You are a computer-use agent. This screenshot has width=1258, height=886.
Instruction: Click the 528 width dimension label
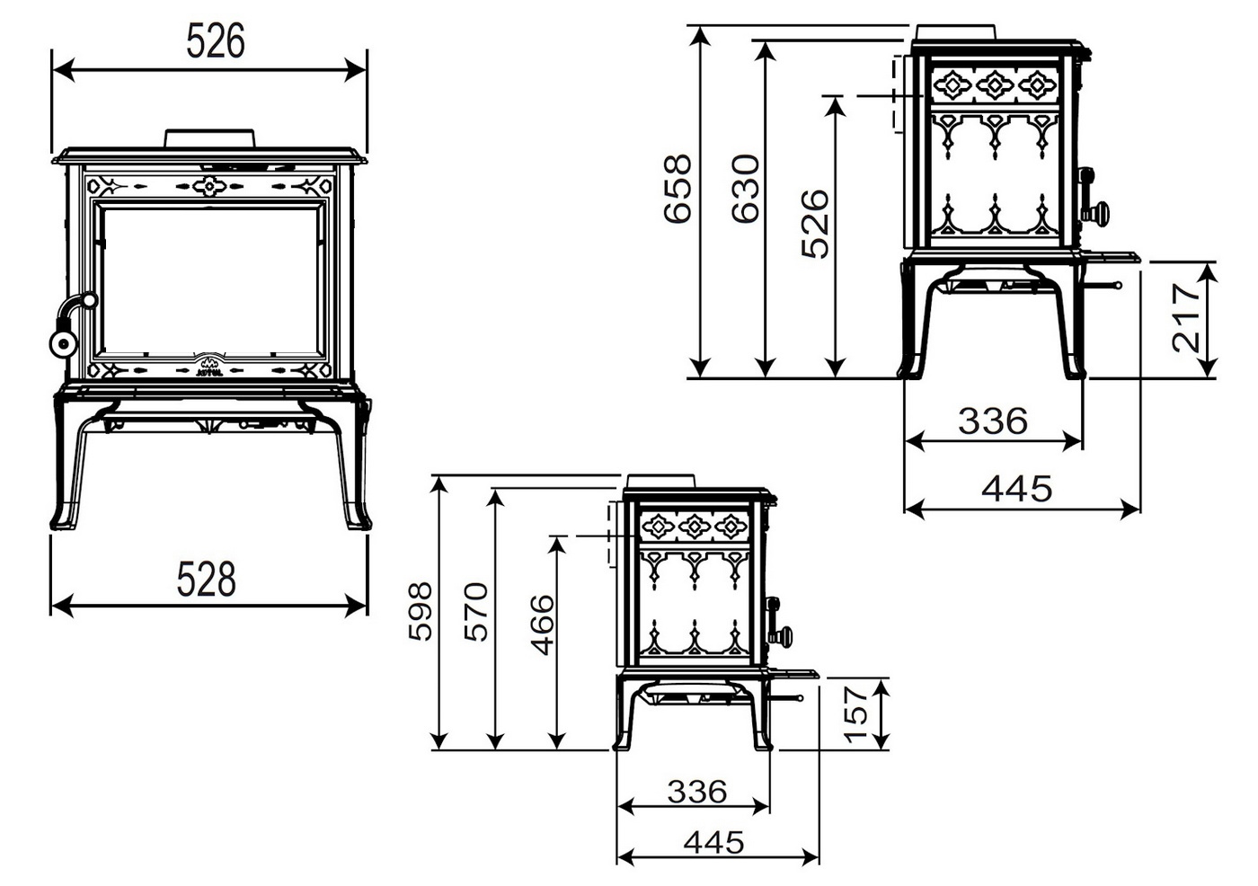click(x=206, y=579)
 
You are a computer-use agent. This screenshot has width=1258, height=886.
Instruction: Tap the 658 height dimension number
click(x=678, y=189)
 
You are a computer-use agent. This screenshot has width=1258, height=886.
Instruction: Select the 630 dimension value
click(x=746, y=189)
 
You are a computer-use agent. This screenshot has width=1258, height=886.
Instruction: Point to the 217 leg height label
click(x=1186, y=318)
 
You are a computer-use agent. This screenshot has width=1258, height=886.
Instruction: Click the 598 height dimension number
click(x=421, y=611)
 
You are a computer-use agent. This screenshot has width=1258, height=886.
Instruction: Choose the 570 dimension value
click(x=476, y=612)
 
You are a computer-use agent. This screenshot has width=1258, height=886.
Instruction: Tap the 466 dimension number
click(x=543, y=625)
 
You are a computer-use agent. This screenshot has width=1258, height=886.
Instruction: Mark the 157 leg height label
click(x=856, y=714)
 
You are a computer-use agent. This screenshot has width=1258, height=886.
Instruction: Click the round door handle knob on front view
click(x=63, y=343)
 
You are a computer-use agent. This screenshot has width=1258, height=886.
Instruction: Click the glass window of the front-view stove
click(x=210, y=280)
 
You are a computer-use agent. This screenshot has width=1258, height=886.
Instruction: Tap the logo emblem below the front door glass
click(x=209, y=365)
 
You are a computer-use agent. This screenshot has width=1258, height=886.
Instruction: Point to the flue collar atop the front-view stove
click(x=209, y=138)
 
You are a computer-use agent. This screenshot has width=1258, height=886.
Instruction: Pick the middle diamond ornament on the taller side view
click(x=995, y=85)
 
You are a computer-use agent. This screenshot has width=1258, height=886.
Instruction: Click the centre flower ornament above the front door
click(x=209, y=185)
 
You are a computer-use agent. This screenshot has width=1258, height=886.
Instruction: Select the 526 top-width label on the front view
click(x=216, y=41)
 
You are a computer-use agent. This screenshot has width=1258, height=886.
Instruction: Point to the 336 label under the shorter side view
click(x=697, y=792)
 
